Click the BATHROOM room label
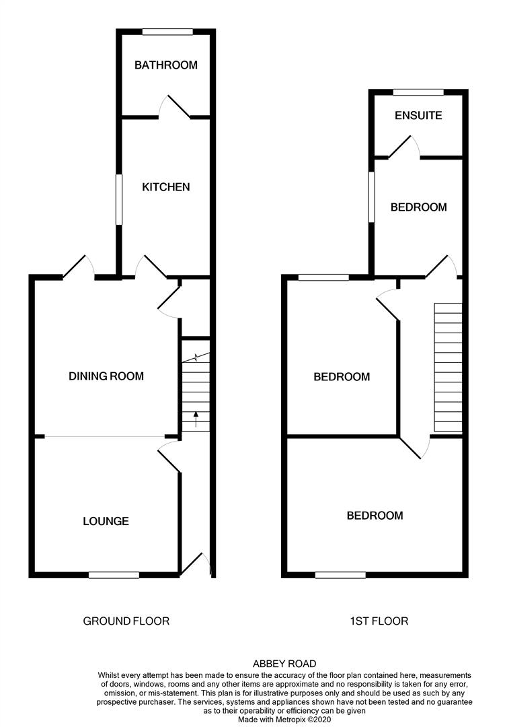[166, 65]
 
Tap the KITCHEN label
[166, 187]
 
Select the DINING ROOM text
[106, 376]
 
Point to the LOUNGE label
[106, 521]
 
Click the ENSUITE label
[418, 116]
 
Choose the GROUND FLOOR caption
[126, 621]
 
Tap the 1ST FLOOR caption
[379, 621]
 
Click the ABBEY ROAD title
[284, 664]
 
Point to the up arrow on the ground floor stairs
[196, 419]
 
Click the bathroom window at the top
[167, 32]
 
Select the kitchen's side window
[119, 199]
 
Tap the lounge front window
[114, 576]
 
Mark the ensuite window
[418, 92]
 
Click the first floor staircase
[448, 368]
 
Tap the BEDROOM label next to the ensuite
[419, 207]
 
